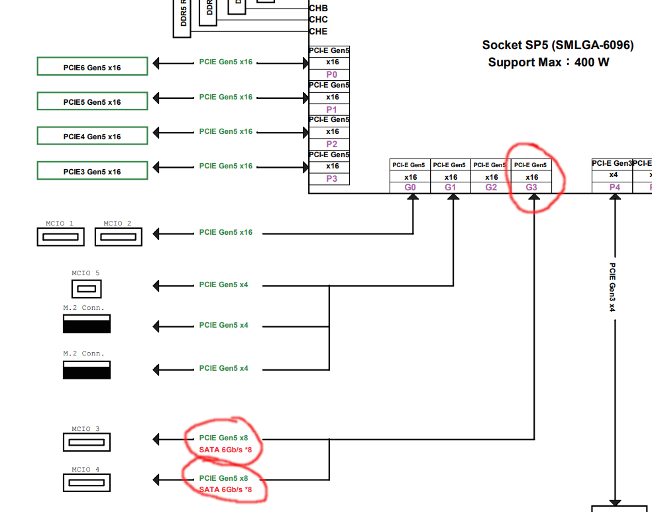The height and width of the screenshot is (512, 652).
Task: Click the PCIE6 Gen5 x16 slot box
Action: (x=92, y=67)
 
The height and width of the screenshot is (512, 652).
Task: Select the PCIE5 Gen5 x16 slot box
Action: (x=92, y=101)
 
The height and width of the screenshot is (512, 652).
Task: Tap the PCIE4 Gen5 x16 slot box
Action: (x=92, y=136)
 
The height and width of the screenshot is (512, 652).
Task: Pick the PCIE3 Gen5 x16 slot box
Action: (x=92, y=171)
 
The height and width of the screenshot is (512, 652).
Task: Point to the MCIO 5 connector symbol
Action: (x=86, y=288)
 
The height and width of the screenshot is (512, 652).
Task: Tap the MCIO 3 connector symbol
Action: (x=86, y=442)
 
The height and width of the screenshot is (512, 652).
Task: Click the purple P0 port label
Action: (x=332, y=74)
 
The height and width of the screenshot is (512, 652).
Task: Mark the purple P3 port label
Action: (x=332, y=178)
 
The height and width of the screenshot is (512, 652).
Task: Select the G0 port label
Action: (x=410, y=188)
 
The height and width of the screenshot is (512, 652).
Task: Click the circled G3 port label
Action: (x=531, y=188)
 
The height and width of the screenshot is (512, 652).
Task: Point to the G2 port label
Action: (x=491, y=188)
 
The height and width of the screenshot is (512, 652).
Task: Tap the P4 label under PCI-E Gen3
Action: (x=614, y=188)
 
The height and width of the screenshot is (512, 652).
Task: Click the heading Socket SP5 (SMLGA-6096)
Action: (x=557, y=45)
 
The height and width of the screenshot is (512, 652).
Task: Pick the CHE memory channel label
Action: (x=318, y=31)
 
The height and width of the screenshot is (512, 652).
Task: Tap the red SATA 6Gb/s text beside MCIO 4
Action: (x=225, y=489)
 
